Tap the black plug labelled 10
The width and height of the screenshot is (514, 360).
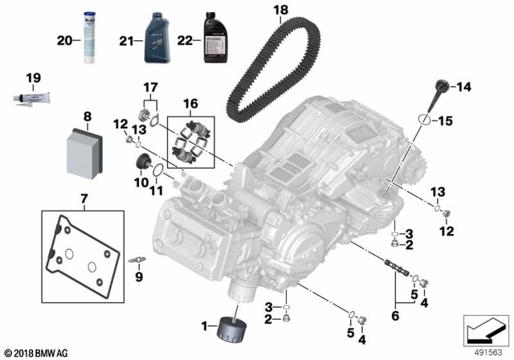(146, 166)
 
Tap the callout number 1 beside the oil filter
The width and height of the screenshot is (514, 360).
(205, 325)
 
